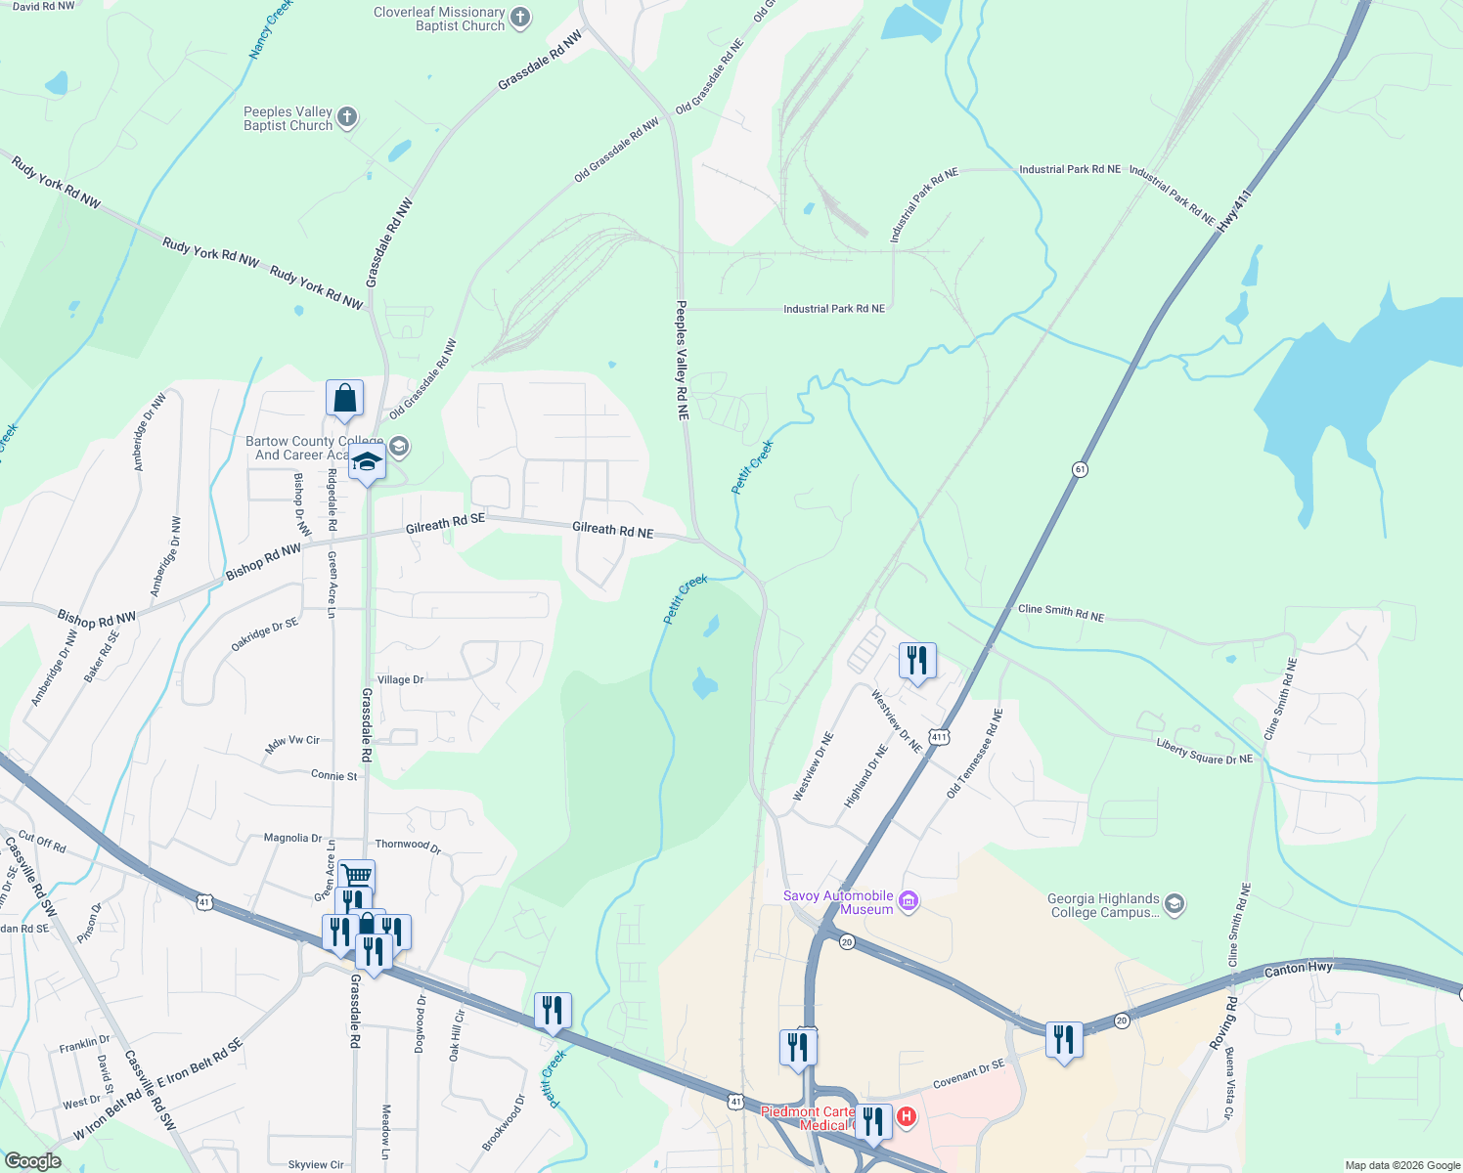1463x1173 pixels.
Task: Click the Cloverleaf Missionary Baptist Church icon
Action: tap(520, 17)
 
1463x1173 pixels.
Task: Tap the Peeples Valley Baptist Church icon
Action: tap(347, 119)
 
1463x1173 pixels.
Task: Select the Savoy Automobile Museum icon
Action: tap(909, 900)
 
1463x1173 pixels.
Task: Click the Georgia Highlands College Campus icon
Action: tap(1175, 905)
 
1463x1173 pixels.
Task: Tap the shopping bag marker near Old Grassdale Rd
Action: tap(344, 399)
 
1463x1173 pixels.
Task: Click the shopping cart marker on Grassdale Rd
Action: tap(357, 876)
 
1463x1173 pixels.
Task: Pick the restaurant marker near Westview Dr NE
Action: tap(917, 662)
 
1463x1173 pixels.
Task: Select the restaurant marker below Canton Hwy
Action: tap(1064, 1040)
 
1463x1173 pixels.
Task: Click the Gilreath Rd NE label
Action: tap(612, 530)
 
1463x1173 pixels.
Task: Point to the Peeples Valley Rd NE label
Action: tap(683, 360)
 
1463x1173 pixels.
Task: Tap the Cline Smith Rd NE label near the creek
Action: tap(1061, 613)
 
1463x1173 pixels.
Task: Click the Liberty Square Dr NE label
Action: tap(1204, 751)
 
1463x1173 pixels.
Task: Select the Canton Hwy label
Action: tap(1299, 969)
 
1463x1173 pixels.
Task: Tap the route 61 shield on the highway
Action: tap(1080, 469)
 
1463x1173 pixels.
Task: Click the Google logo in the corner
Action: tap(32, 1161)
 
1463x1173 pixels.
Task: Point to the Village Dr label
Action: tap(400, 679)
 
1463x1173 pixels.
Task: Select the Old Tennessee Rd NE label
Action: tap(974, 754)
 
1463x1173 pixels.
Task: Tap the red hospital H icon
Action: tap(907, 1116)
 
